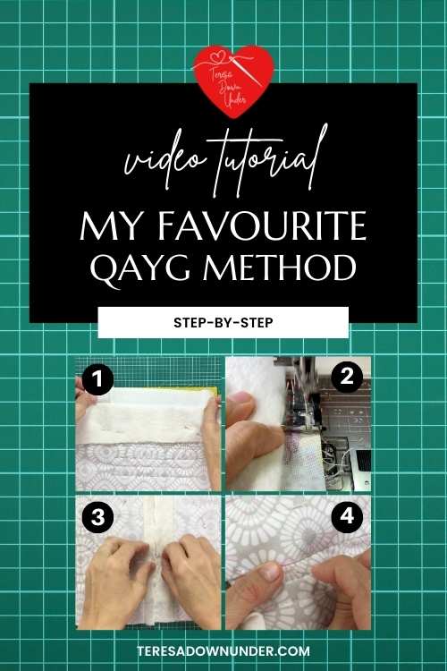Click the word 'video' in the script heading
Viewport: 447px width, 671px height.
pyautogui.click(x=164, y=160)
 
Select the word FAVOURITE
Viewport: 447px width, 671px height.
pyautogui.click(x=263, y=226)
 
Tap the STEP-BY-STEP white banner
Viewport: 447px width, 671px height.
pyautogui.click(x=223, y=322)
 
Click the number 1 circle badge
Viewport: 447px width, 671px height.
pyautogui.click(x=98, y=379)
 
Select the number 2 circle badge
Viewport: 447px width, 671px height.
pyautogui.click(x=347, y=377)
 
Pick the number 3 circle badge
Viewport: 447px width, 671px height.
pyautogui.click(x=98, y=517)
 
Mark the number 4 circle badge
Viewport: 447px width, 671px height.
pyautogui.click(x=347, y=517)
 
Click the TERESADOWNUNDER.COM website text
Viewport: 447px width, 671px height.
pyautogui.click(x=223, y=651)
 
